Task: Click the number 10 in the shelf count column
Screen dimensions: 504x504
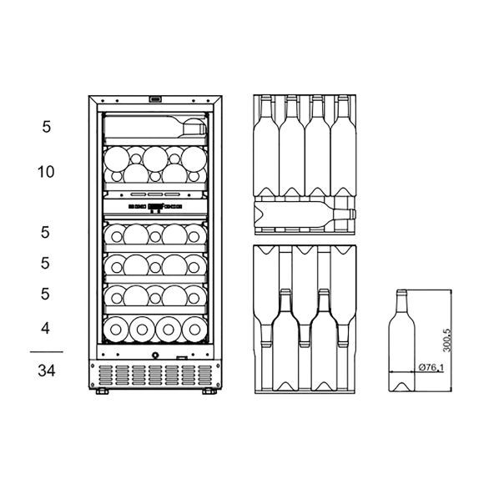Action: coord(46,172)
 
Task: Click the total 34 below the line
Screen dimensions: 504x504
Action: coord(47,370)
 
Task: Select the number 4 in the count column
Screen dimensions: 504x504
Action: coord(45,328)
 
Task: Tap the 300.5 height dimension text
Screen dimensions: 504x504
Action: coord(447,340)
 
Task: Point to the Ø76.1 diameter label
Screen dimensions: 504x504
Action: coord(431,367)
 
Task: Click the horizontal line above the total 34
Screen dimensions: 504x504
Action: coord(47,352)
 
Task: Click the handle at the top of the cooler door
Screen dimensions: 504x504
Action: coord(155,99)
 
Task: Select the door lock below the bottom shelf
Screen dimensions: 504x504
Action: coord(155,355)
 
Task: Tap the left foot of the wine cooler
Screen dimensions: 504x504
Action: coord(102,391)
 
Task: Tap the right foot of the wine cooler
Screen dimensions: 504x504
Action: coord(209,391)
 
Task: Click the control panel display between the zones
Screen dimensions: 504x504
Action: coord(155,206)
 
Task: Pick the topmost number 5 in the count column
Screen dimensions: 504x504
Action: coord(46,127)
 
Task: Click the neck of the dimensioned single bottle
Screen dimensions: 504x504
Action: coord(401,300)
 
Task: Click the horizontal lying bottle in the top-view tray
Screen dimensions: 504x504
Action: coord(305,214)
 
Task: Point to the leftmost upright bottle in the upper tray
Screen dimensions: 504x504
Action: coord(266,145)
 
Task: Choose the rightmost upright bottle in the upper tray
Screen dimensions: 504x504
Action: coord(343,145)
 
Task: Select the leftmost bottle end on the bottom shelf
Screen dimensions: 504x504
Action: coord(116,330)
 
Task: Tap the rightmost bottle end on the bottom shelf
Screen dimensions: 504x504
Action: coord(194,330)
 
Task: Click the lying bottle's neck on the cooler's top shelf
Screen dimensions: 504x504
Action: coord(194,129)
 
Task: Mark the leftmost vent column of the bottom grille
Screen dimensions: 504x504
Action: coord(105,375)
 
